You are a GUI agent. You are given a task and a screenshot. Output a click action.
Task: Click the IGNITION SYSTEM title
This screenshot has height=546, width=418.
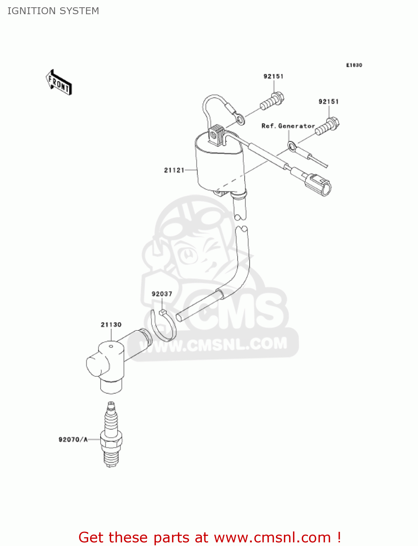click(53, 11)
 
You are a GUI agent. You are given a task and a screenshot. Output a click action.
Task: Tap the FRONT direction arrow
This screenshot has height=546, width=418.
click(59, 83)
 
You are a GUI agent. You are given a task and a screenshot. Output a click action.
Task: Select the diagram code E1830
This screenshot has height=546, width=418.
click(354, 65)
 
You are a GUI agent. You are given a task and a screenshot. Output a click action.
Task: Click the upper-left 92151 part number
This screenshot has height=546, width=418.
click(273, 76)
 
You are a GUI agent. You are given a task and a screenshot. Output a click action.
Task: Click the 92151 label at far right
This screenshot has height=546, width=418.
click(328, 102)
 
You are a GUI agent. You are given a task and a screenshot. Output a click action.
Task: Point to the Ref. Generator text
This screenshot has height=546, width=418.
click(288, 126)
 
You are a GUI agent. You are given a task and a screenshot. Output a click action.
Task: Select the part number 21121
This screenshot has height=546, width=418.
click(174, 170)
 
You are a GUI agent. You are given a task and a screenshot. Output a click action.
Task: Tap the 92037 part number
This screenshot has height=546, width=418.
click(162, 294)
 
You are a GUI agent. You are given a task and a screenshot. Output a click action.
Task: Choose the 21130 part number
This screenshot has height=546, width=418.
click(111, 324)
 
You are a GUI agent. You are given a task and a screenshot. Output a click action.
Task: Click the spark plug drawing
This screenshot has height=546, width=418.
click(111, 435)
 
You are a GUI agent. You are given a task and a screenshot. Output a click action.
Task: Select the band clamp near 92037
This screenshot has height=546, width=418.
click(164, 326)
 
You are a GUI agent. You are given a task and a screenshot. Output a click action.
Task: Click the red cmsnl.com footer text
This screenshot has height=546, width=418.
click(210, 537)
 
